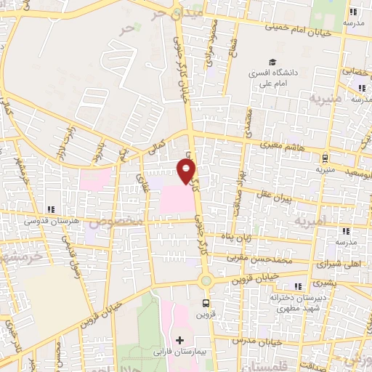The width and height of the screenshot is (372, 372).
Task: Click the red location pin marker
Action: (187, 172)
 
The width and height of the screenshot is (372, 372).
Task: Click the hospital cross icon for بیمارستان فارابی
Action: (180, 339)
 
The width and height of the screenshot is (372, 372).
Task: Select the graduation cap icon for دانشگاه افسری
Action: (272, 63)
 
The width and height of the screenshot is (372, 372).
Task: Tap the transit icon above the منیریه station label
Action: (325, 158)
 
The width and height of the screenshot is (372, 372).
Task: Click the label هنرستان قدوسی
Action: (48, 217)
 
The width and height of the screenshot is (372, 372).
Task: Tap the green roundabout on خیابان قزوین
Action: (206, 280)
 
